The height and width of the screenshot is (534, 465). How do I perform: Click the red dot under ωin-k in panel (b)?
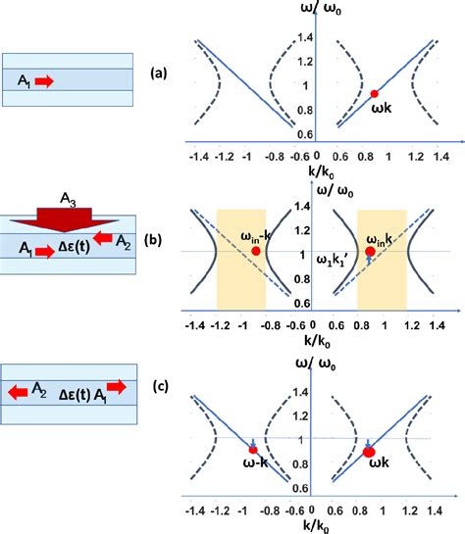(x=256, y=251)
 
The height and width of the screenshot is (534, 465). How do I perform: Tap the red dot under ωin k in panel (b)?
(x=370, y=252)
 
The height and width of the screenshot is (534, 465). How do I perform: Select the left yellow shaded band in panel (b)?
(x=240, y=257)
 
